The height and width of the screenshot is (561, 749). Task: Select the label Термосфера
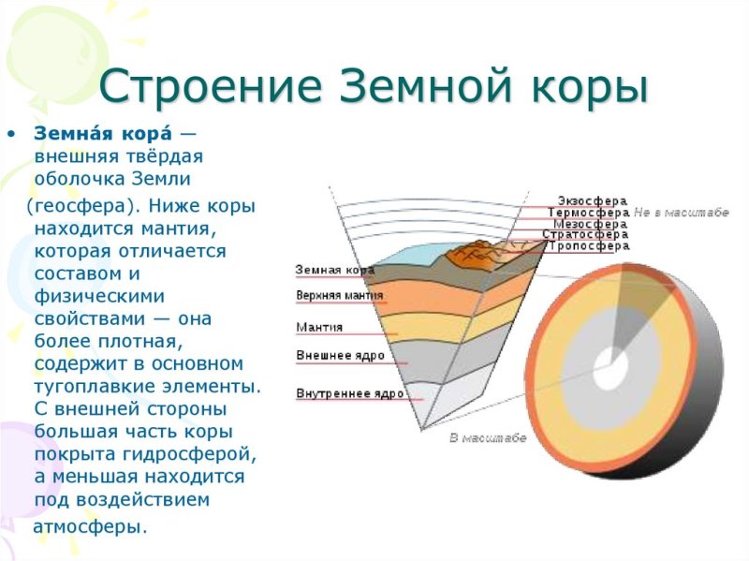point(588,213)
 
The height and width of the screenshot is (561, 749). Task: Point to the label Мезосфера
point(590,224)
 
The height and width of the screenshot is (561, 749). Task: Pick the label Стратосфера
point(586,235)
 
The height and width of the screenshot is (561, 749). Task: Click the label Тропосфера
point(588,246)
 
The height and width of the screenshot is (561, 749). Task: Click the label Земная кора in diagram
point(334,270)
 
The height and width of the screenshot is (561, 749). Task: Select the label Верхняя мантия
point(339,296)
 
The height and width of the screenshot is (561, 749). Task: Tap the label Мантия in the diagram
point(319,328)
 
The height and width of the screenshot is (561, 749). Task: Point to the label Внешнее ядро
point(336,356)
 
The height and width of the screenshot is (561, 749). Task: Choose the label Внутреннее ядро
point(349,393)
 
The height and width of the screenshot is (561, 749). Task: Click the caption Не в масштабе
point(681,213)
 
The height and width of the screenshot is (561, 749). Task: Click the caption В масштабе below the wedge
point(488,437)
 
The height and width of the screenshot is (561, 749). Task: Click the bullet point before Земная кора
point(11,133)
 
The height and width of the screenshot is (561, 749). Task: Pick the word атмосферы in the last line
point(90,527)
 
